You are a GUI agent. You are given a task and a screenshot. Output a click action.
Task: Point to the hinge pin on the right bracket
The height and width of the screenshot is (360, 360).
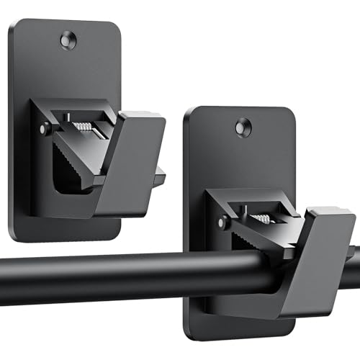(x=218, y=216)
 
